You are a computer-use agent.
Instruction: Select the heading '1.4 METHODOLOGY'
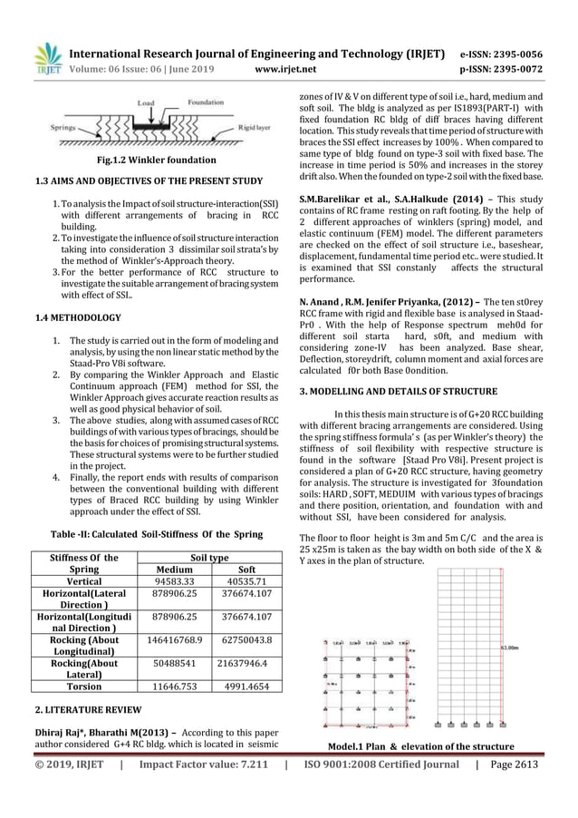tap(72, 319)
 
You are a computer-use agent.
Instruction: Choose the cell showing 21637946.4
tap(238, 669)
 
